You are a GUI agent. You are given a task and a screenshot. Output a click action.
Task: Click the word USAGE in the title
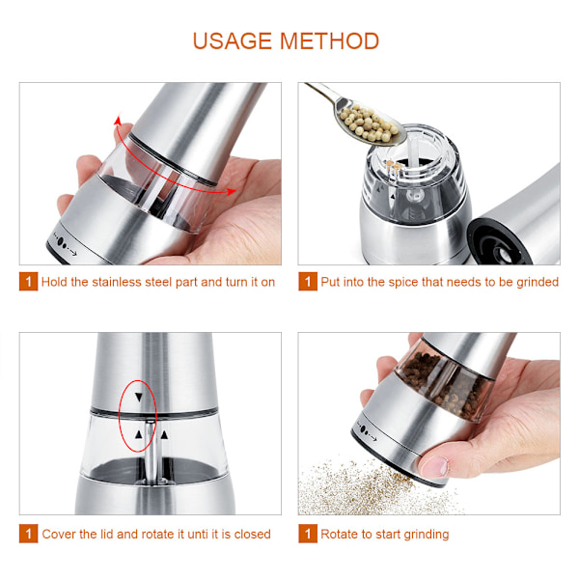(x=233, y=41)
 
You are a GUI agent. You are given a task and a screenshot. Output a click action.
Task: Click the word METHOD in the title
(x=329, y=41)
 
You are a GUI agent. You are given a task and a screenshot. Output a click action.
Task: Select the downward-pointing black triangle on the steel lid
(x=138, y=398)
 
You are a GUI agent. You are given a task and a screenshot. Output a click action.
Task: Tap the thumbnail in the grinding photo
(x=436, y=467)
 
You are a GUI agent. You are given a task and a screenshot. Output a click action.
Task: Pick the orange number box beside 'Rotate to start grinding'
(x=308, y=534)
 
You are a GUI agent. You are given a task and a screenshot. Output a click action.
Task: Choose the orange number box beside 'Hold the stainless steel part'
(x=28, y=282)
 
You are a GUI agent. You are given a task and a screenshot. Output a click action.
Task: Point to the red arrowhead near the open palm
(x=232, y=192)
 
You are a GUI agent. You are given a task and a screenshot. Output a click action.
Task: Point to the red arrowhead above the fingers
(x=118, y=121)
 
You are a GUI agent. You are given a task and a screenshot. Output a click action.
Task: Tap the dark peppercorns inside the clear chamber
(x=443, y=384)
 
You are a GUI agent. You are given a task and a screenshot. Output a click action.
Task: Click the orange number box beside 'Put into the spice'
(x=308, y=282)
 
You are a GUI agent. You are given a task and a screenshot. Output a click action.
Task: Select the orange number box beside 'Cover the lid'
(x=28, y=534)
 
